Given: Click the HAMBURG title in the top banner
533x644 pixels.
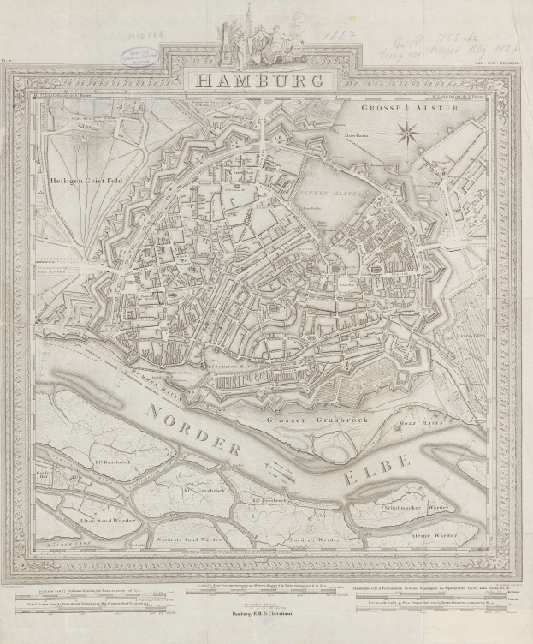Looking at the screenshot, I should click(x=258, y=81).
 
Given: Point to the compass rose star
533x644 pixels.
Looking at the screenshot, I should click(x=407, y=131).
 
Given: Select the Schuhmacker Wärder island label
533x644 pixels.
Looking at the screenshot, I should click(x=418, y=508).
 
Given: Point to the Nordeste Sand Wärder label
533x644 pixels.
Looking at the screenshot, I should click(x=191, y=540).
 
